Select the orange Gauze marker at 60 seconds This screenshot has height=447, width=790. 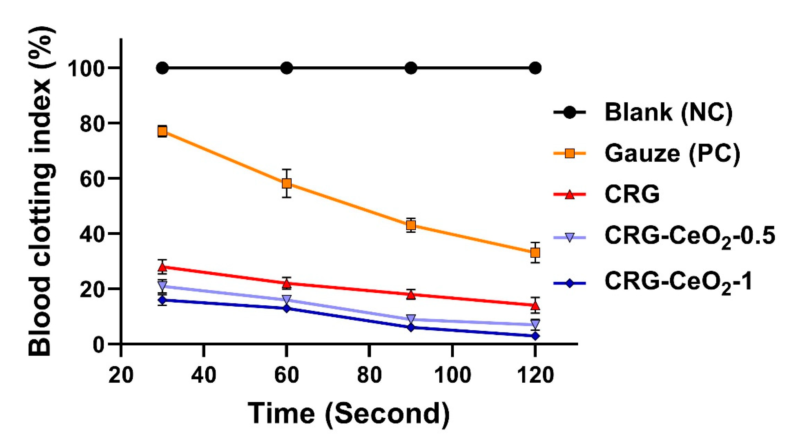pos(287,183)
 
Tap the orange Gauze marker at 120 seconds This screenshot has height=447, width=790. pos(535,253)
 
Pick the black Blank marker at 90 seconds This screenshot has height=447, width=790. pos(411,68)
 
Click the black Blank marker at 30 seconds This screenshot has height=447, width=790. pos(162,68)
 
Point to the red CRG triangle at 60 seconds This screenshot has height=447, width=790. pos(287,283)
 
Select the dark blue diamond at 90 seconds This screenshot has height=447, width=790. pos(411,328)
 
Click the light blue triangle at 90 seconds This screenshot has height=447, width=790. pos(411,318)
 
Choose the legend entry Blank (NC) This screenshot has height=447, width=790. pos(669,112)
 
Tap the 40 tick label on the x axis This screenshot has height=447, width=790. pos(203,375)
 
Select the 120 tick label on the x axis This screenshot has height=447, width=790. pos(535,375)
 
